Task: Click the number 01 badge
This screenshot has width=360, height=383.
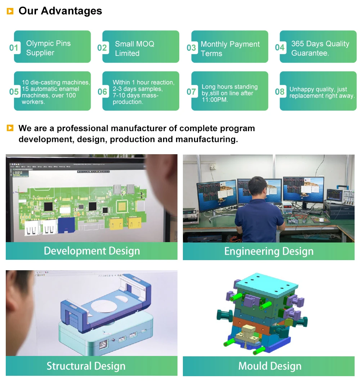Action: pos(14,48)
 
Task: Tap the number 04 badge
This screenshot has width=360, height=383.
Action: pos(280,47)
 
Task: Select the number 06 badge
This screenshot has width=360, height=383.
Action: pos(102,92)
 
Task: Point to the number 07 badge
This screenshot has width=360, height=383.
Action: pos(191,92)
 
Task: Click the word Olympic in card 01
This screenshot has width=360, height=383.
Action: pos(37,44)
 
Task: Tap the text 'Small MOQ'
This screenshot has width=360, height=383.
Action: pos(135,44)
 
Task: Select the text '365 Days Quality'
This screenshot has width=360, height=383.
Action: pos(320,44)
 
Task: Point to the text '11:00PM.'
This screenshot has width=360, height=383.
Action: pos(215,100)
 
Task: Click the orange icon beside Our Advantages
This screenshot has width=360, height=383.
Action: pos(10,11)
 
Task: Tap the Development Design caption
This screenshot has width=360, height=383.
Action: pos(92,251)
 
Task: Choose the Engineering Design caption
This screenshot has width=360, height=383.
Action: pos(269,251)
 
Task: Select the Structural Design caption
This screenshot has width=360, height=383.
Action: pos(86,366)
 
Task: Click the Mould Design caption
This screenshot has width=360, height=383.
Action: pos(270,366)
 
